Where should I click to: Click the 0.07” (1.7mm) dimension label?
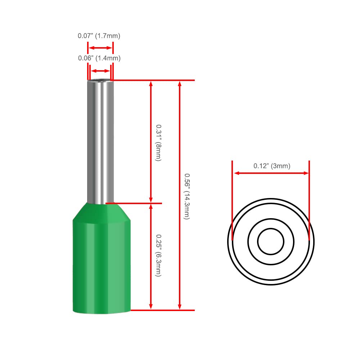[x=99, y=36]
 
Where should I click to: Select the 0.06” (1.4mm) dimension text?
[x=99, y=58]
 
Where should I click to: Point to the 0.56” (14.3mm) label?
[x=187, y=197]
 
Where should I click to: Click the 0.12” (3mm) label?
[x=272, y=166]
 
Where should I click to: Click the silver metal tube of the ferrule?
[x=100, y=141]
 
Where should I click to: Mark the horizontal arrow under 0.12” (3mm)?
[x=271, y=173]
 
